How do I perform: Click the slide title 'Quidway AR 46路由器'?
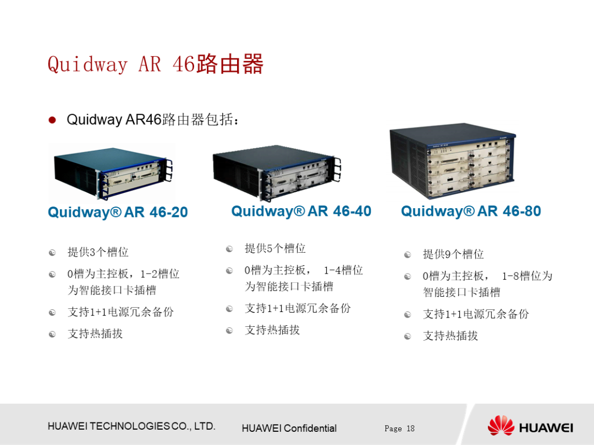coord(156,64)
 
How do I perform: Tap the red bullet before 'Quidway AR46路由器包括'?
coord(52,120)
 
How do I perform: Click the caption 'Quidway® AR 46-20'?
coord(118,212)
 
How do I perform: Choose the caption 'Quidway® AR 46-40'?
coord(301,211)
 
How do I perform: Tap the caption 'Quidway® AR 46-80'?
coord(471,211)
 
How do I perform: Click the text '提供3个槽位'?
coord(98,252)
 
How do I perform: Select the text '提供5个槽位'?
coord(275,248)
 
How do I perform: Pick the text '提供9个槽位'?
coord(453,254)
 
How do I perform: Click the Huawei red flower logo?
coord(501,426)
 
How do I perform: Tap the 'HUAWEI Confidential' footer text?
coord(289,429)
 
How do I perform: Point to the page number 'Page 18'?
coord(399,429)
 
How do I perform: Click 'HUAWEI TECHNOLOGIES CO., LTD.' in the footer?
coord(131,426)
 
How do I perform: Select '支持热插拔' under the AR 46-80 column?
coord(450,336)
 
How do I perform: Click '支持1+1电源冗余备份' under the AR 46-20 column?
coord(120,312)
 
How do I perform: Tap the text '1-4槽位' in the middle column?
coord(343,270)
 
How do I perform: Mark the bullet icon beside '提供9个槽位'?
coord(408,254)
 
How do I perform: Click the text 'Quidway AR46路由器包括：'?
coord(153,120)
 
